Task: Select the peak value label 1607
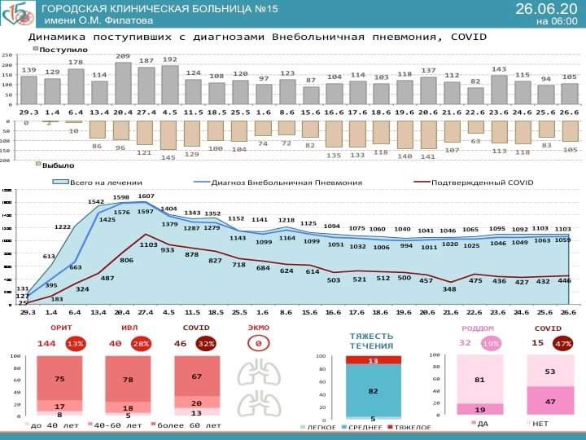point(146,196)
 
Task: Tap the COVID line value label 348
point(449,288)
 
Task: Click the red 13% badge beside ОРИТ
point(76,344)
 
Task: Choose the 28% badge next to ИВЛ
point(142,344)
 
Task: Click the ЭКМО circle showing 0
point(258,344)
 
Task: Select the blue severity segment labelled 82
point(373,391)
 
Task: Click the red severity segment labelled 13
point(373,360)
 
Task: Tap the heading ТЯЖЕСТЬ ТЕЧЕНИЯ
point(372,340)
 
